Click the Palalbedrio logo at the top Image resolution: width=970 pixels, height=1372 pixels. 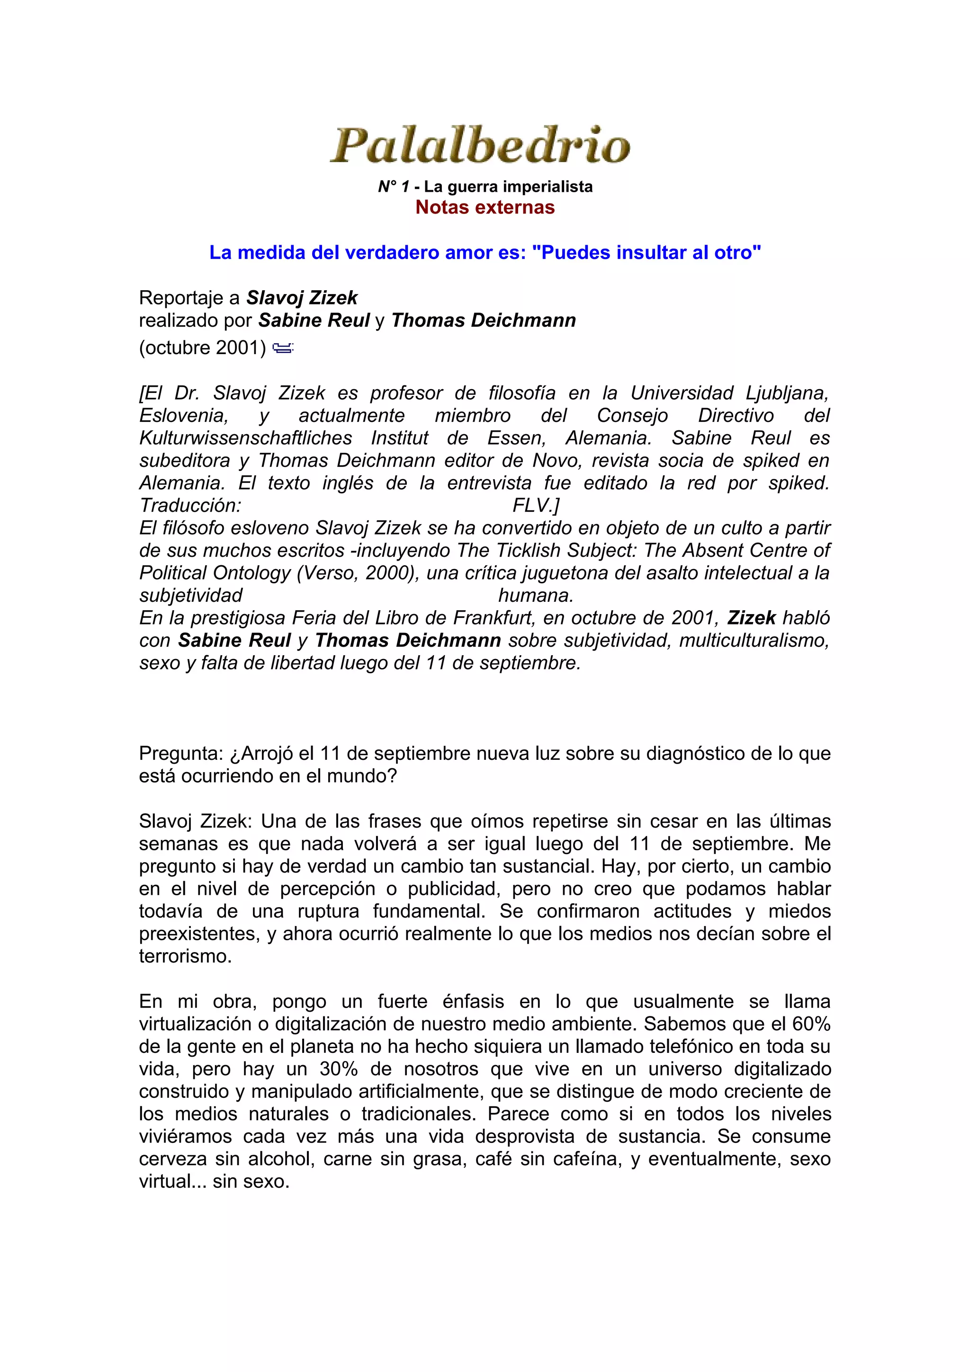click(x=481, y=145)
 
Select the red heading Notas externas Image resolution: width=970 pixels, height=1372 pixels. click(x=485, y=207)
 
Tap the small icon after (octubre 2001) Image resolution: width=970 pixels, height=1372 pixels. click(x=282, y=348)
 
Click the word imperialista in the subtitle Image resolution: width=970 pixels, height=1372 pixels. click(x=550, y=187)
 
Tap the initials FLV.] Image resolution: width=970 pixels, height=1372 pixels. click(x=536, y=506)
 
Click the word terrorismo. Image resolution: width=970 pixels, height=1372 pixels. click(x=185, y=956)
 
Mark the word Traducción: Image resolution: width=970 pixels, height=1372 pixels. click(x=190, y=506)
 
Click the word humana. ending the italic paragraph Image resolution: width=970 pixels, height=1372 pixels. click(x=536, y=596)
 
